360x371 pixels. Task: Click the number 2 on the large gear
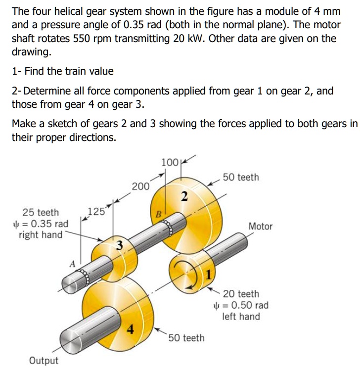coord(183,197)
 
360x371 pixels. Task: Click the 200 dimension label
coord(140,186)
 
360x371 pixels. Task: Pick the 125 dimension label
coord(95,213)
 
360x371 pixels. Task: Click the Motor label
coord(260,226)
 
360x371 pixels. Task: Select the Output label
coord(43,360)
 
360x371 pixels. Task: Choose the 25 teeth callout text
coord(41,213)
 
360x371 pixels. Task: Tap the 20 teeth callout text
coord(241,294)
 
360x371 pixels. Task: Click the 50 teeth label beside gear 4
coord(186,338)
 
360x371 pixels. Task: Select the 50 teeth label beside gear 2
coord(240,177)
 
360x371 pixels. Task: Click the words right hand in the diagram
coord(41,234)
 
